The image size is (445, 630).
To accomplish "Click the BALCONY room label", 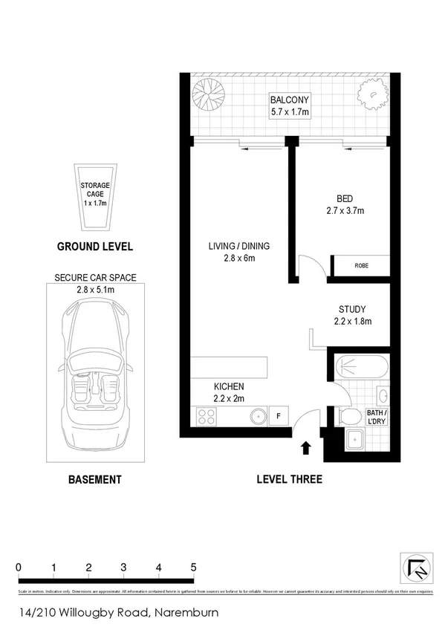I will [x=290, y=101].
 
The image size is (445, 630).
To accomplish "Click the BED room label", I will [x=344, y=199].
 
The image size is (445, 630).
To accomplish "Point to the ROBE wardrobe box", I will [x=360, y=265].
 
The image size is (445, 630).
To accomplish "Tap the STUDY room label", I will [x=352, y=309].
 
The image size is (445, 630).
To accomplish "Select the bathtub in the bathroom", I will [x=360, y=367].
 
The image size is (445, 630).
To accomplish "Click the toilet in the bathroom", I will [x=348, y=418].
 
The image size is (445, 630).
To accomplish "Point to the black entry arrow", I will [x=305, y=447].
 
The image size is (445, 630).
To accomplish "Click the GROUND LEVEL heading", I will [x=94, y=247].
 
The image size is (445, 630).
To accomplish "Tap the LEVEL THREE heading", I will [x=289, y=479].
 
